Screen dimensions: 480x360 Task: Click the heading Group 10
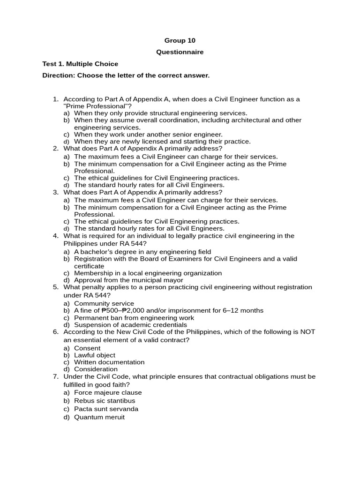click(x=180, y=41)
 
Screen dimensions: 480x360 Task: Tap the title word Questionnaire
click(x=180, y=52)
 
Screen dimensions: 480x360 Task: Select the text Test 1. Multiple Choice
click(x=80, y=64)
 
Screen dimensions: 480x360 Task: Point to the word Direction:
click(x=59, y=75)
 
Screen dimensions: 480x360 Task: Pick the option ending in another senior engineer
click(x=148, y=135)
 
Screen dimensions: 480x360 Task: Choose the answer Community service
click(x=104, y=303)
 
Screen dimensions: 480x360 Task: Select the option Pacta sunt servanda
click(x=106, y=409)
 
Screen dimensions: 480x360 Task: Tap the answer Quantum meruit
click(x=99, y=417)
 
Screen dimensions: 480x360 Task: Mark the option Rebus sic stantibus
click(x=105, y=401)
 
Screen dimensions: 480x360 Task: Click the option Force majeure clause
click(x=108, y=392)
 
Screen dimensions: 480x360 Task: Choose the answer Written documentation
click(x=109, y=362)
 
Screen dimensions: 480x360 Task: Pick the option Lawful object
click(x=95, y=355)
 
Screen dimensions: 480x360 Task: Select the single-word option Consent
click(x=87, y=348)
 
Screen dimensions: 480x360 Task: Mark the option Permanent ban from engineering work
click(x=134, y=318)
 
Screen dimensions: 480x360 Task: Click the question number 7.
click(x=55, y=376)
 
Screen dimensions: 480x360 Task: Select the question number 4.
click(x=55, y=236)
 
